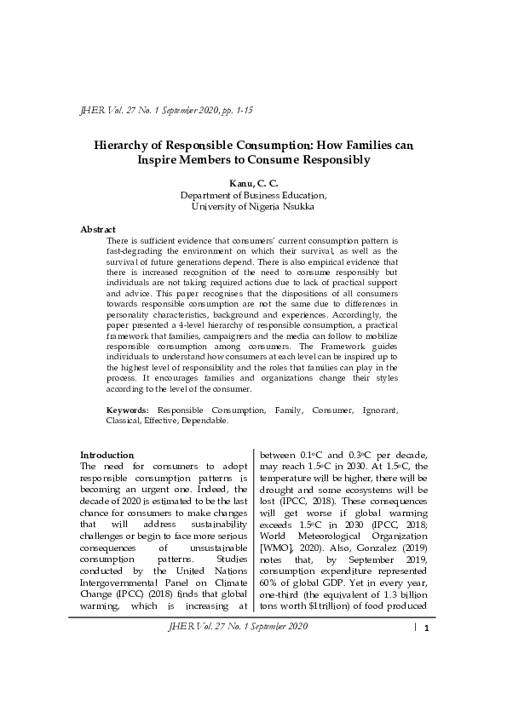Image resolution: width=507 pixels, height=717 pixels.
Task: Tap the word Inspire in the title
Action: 161,160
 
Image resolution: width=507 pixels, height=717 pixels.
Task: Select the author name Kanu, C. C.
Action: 252,183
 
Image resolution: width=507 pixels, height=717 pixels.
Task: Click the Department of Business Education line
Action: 253,194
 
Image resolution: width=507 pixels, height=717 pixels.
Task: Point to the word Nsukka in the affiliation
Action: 296,205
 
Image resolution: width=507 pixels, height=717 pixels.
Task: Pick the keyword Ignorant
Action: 377,410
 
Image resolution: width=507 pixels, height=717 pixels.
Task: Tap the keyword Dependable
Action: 203,421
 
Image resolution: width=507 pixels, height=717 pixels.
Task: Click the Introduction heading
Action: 107,455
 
